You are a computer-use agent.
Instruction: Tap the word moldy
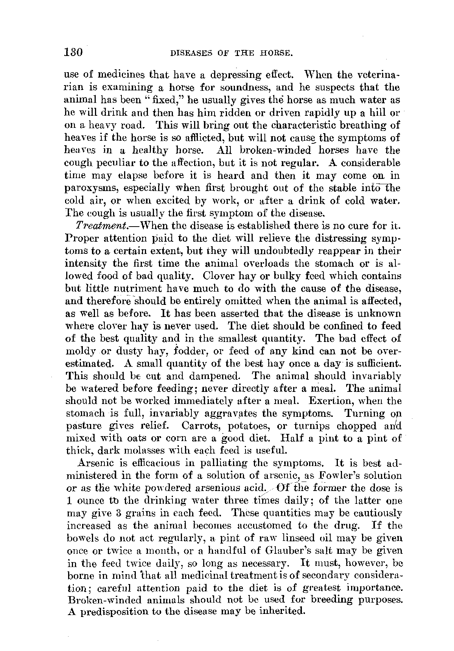[77, 351]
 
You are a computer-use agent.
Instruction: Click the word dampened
[213, 376]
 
